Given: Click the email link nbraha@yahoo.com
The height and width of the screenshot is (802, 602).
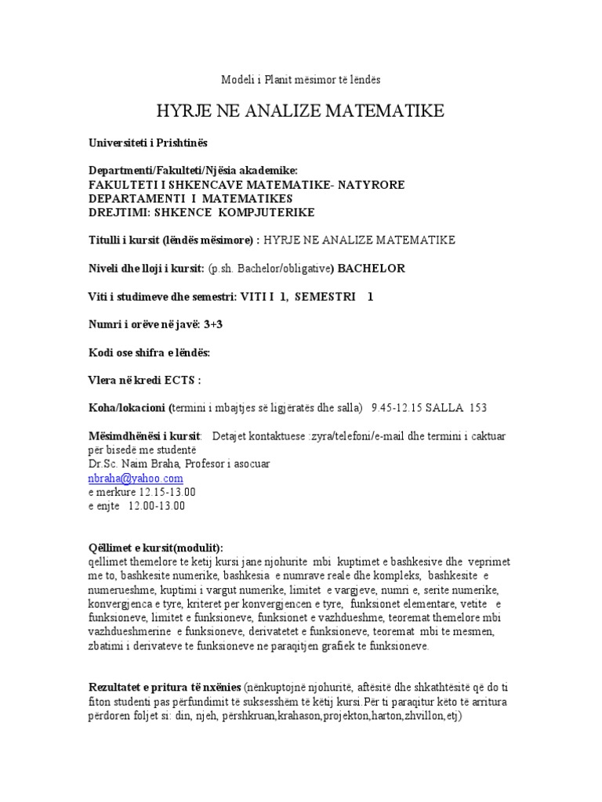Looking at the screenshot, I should coord(136,478).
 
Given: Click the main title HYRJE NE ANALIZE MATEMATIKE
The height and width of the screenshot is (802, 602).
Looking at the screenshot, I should coord(300,109).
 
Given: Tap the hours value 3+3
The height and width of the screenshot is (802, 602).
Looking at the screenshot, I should coord(203,325).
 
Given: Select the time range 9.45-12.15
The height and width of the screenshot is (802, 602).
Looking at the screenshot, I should coord(400,407).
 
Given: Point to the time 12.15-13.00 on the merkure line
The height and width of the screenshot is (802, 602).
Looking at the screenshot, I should coord(167,492).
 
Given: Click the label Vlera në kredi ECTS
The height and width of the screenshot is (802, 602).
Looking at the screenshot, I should coord(144,380).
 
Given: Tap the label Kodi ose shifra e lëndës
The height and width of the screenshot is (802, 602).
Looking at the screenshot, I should coord(149,352).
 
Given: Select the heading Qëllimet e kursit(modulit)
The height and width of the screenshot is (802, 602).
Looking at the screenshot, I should coord(156,547).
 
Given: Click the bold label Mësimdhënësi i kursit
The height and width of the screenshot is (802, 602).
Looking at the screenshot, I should coord(144,435).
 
